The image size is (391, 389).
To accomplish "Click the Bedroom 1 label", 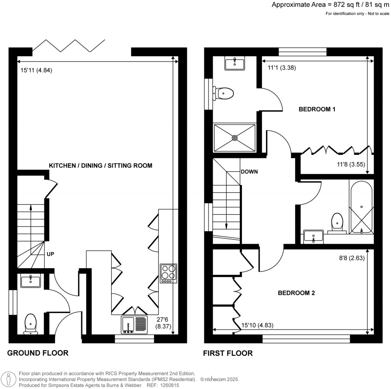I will point(317,109).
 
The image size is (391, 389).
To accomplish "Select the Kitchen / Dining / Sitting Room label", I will point(100,166).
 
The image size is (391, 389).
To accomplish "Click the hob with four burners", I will point(169,273).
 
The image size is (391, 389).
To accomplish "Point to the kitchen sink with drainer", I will point(134,325).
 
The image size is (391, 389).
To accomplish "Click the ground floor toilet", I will point(30,323).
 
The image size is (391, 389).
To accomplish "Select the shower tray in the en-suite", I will point(234,138).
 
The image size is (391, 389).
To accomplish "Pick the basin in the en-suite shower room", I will point(234,63).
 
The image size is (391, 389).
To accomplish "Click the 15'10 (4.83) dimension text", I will point(257,326).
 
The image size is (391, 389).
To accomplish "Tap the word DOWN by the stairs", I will point(249,172).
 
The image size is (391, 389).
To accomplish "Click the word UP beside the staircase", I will point(50,254).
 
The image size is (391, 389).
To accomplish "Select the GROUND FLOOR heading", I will point(38,353).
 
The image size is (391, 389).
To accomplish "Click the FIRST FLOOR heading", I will point(228,353).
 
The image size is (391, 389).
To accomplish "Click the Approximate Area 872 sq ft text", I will point(330,5).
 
